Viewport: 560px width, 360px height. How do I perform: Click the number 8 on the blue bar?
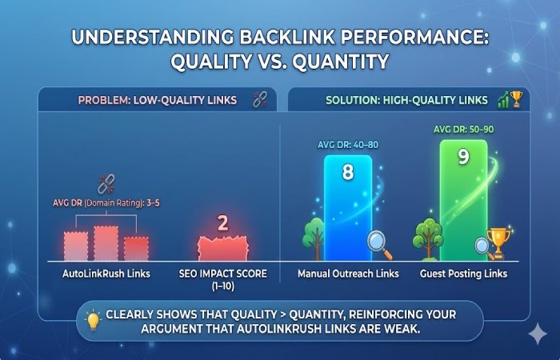[347, 172]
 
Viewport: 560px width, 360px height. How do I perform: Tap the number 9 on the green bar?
[463, 157]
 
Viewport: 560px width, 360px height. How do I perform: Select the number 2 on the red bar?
[223, 223]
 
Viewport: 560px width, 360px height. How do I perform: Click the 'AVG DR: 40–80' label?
[347, 145]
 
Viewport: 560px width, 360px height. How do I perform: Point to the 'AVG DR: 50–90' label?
[463, 130]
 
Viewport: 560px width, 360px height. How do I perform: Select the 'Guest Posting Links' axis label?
[463, 274]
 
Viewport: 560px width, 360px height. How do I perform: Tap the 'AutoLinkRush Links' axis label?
[106, 274]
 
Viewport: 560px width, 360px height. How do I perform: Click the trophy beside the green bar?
[497, 242]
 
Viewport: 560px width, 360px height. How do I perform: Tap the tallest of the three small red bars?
[106, 242]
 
